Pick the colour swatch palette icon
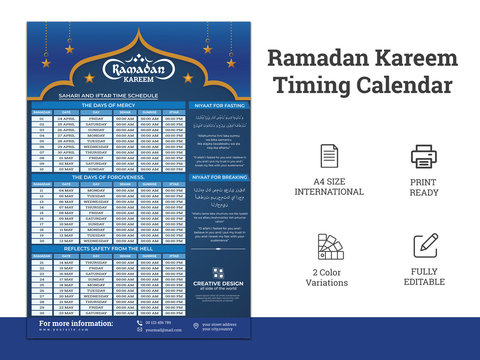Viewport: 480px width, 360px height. [329, 246]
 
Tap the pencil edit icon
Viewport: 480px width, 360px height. [425, 245]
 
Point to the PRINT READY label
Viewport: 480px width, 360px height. [424, 186]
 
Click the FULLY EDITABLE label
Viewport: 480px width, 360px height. [424, 277]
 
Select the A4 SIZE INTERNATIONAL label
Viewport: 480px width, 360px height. [329, 186]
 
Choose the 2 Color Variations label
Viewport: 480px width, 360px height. [329, 277]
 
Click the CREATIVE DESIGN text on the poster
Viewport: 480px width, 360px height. [217, 283]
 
